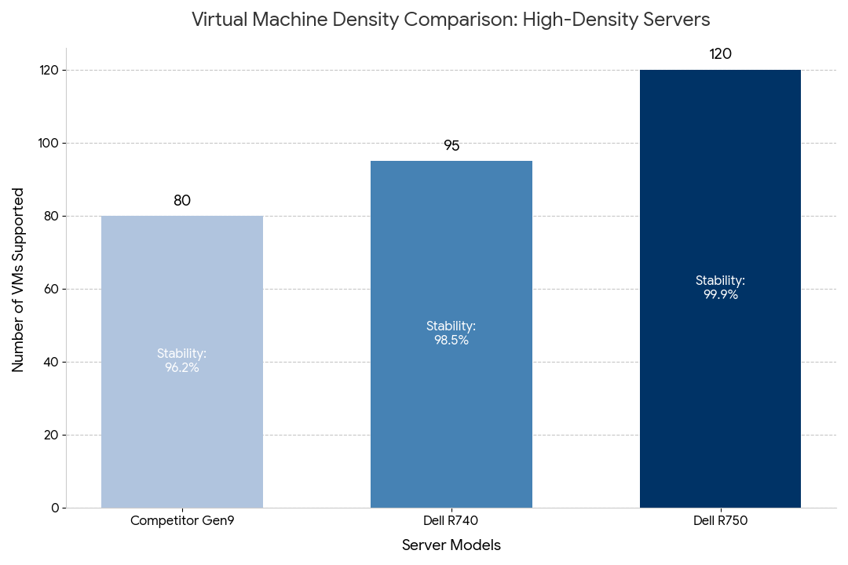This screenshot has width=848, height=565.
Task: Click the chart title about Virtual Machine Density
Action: [451, 20]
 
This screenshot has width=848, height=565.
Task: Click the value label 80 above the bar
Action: [182, 201]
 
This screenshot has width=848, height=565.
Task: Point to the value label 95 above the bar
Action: [451, 146]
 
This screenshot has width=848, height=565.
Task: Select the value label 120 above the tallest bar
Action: [720, 54]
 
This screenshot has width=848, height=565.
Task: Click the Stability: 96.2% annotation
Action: [182, 360]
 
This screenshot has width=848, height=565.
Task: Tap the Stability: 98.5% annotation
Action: [451, 333]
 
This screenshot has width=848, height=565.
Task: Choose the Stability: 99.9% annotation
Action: [720, 288]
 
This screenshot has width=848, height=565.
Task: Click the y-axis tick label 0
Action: [55, 508]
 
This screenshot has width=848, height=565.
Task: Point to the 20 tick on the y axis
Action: [52, 435]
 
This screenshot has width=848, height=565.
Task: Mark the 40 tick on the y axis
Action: [52, 362]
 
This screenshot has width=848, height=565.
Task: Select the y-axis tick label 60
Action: [52, 289]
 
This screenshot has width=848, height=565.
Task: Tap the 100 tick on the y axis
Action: [49, 143]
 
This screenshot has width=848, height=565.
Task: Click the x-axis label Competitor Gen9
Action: [182, 520]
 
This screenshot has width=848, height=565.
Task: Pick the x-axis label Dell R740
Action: [451, 520]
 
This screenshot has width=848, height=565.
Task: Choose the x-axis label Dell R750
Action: [720, 520]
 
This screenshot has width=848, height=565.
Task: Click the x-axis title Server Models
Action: [451, 545]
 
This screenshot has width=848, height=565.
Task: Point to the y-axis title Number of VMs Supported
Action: [18, 279]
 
